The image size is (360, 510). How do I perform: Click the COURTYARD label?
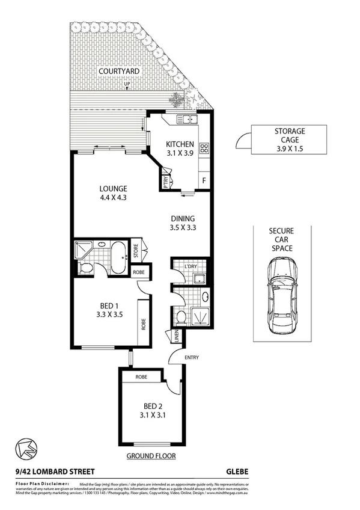(x=120, y=72)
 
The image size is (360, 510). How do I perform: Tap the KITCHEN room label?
(x=180, y=144)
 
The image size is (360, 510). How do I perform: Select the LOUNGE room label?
(x=114, y=188)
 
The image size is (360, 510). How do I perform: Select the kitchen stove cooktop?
(x=204, y=147)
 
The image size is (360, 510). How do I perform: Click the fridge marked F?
(x=204, y=180)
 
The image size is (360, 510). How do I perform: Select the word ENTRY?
(x=192, y=358)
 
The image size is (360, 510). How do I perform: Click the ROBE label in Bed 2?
(x=141, y=376)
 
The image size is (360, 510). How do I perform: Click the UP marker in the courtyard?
(x=127, y=84)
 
